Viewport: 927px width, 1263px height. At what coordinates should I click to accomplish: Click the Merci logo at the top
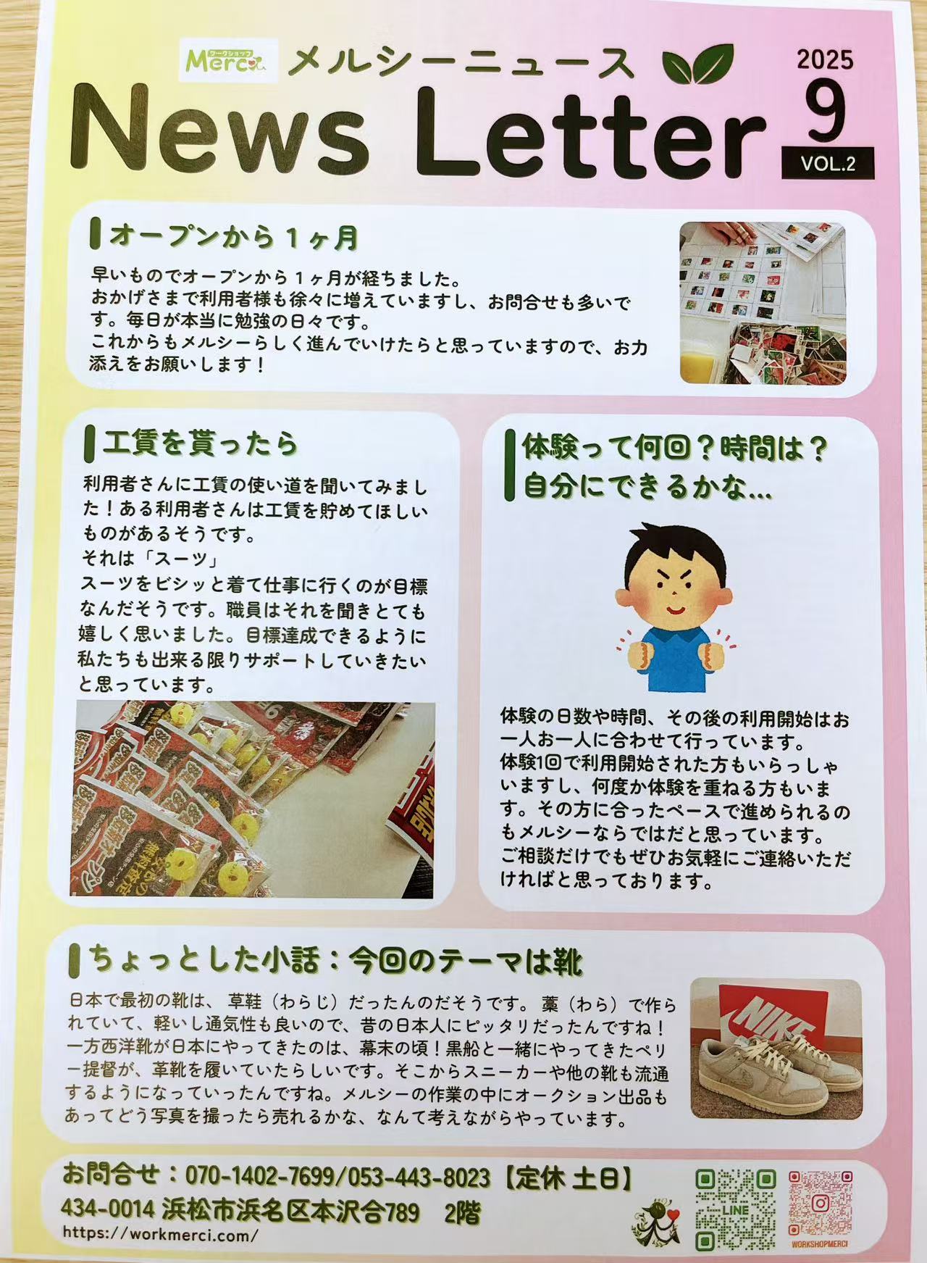coord(218,59)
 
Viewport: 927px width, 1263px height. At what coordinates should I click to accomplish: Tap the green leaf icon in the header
coord(697,63)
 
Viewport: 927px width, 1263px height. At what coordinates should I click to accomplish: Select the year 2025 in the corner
coord(825,59)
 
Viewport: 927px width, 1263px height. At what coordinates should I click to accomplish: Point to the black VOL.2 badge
coord(828,164)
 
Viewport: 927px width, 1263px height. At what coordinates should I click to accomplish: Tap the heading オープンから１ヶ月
coord(234,236)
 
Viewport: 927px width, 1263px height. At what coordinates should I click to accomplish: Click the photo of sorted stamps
coord(763,303)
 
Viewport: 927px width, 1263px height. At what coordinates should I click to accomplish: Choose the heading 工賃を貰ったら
coord(201,443)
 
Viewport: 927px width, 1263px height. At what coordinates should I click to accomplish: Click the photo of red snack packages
coord(253,799)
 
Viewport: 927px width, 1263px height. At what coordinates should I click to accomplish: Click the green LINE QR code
coord(735,1211)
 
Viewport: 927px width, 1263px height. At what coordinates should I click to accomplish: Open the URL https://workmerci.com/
coord(160,1234)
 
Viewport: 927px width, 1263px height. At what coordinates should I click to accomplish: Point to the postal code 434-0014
coord(107,1209)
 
